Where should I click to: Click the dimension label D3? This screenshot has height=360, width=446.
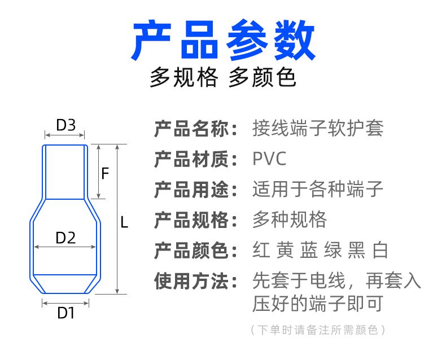click(x=65, y=125)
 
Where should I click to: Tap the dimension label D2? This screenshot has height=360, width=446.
click(x=65, y=238)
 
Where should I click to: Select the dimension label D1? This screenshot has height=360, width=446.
click(x=66, y=313)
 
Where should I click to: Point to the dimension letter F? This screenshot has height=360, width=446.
click(x=105, y=173)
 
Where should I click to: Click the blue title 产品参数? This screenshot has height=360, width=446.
click(x=223, y=41)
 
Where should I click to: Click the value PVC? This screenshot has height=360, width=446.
click(x=270, y=159)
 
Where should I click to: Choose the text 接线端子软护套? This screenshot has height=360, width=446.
click(x=318, y=129)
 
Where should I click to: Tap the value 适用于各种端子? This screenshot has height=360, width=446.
click(x=318, y=190)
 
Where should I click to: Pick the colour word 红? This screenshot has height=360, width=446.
click(x=261, y=251)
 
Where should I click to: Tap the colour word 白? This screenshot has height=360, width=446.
click(x=381, y=251)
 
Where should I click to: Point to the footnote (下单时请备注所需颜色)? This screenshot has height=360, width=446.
click(x=318, y=330)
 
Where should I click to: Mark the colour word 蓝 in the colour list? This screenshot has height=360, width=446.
click(x=309, y=251)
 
